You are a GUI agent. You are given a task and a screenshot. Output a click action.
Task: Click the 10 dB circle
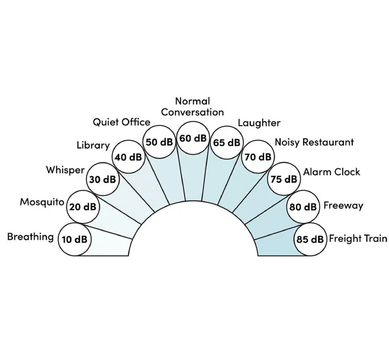point(75,239)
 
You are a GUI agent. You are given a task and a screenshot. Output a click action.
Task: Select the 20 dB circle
point(83,207)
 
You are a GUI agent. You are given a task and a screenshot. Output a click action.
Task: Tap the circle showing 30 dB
point(103,179)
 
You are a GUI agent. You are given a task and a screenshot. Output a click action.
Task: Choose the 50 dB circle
point(159,142)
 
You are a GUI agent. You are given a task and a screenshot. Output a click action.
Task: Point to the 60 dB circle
point(193,138)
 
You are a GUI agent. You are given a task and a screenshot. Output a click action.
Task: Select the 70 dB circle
point(258,157)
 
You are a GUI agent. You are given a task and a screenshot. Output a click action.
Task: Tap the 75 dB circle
point(284,179)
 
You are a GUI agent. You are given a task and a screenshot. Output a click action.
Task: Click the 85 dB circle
point(310,239)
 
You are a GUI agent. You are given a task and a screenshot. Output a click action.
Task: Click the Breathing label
point(30,237)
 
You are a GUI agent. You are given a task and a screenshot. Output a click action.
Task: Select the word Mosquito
point(42,202)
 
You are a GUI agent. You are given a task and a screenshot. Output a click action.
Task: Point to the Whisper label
point(65,170)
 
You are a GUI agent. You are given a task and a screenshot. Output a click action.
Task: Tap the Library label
point(93,145)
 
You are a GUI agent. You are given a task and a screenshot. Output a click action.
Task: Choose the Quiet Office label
point(121,122)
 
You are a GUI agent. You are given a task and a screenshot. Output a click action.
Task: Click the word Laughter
point(259,123)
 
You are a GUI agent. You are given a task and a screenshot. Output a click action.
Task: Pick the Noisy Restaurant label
point(314,142)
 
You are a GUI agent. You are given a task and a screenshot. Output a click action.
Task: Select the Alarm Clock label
point(331,172)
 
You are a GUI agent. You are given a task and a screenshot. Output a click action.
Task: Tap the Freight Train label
point(358,238)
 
